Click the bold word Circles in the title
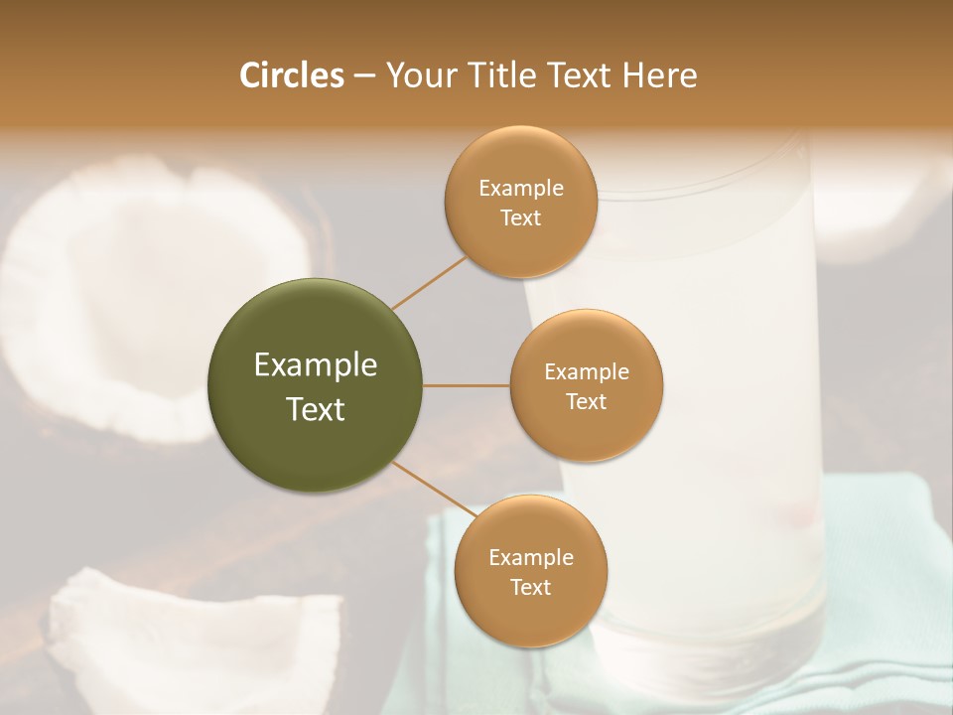point(292,75)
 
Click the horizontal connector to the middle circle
point(466,385)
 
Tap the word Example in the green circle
point(316,365)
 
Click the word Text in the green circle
point(316,409)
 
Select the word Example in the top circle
point(521,189)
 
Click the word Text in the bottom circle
point(531,588)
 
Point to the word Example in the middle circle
point(587,372)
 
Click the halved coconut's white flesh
point(109,298)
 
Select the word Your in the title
point(417,75)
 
